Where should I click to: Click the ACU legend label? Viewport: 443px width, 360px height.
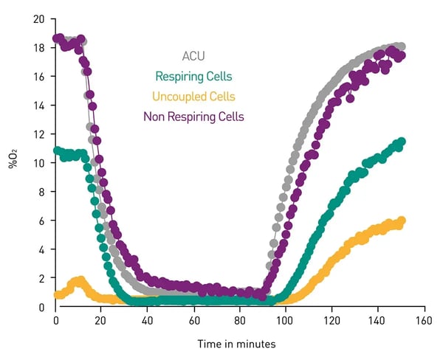click(193, 56)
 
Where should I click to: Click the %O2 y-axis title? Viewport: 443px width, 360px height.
click(13, 160)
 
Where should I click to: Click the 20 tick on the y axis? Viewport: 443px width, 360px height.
click(39, 18)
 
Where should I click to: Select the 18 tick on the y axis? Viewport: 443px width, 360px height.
click(39, 47)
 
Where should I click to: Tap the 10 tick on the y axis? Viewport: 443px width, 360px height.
click(39, 162)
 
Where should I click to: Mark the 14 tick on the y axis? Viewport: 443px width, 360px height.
click(39, 105)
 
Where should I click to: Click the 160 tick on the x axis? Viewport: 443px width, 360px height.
click(423, 321)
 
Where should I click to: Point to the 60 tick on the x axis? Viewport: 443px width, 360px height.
click(193, 321)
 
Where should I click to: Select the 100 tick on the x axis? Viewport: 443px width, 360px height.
click(285, 321)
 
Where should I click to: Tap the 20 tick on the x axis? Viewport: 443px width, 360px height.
click(102, 321)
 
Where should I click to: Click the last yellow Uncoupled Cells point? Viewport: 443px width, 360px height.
click(402, 221)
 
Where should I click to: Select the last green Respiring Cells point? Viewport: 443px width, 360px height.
click(402, 142)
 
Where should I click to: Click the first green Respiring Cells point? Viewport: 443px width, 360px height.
click(58, 151)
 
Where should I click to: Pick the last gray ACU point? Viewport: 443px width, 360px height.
click(401, 46)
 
